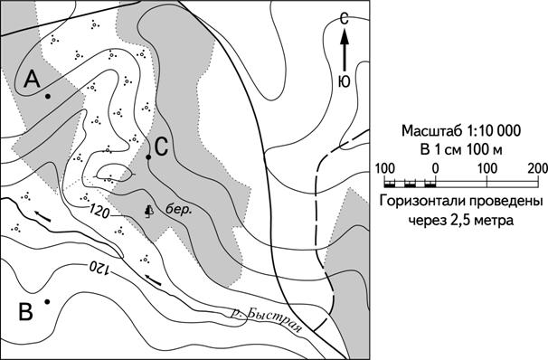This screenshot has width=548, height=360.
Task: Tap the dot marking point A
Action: (48, 96)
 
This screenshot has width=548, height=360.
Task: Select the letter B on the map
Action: (26, 312)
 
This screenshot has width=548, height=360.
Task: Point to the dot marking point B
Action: (47, 301)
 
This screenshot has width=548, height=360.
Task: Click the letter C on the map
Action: (162, 147)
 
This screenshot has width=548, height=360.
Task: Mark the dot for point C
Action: (148, 157)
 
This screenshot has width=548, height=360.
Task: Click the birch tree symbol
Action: (149, 211)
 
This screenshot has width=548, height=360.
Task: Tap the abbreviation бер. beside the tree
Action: (178, 210)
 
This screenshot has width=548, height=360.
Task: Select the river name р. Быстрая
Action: (266, 319)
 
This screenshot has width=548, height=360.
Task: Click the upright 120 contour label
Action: (99, 211)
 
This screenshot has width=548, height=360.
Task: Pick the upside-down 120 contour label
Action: (99, 268)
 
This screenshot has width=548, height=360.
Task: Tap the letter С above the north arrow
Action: (345, 19)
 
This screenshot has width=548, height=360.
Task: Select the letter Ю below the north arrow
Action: (345, 81)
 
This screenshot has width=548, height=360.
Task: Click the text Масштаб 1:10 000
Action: (461, 131)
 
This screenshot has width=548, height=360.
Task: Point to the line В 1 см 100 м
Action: (461, 149)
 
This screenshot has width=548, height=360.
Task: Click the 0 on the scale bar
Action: (435, 169)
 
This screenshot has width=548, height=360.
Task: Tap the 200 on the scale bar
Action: (538, 169)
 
